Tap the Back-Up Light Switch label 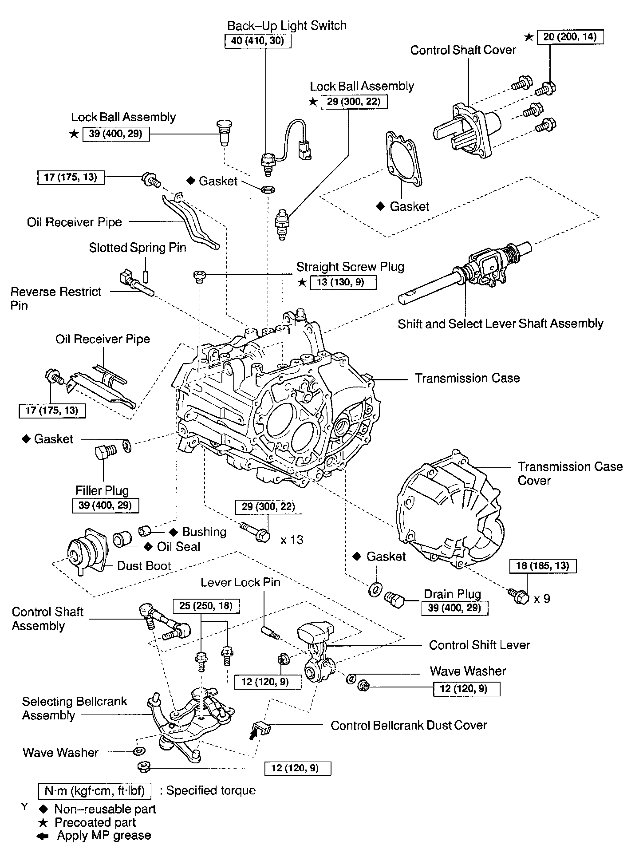coord(287,26)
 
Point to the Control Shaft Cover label coord(463,50)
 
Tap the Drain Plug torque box coord(454,608)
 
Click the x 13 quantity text coord(292,540)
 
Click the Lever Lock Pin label coord(240,582)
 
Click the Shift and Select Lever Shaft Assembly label coord(500,324)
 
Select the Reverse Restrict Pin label coord(55,298)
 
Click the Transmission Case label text coord(467,378)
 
